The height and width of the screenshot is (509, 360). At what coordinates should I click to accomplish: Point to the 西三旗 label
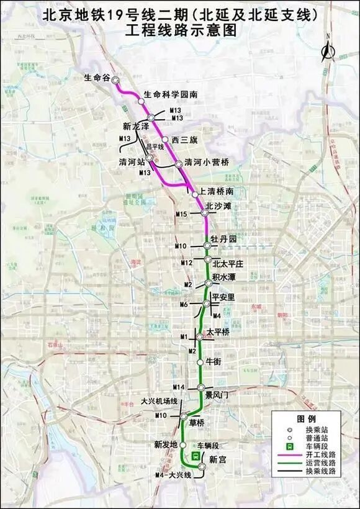[x=184, y=140]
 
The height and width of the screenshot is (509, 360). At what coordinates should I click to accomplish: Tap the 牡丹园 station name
[x=224, y=239]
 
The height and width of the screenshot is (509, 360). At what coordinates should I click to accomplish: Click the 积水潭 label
[x=224, y=276]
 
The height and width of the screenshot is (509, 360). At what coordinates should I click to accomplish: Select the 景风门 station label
[x=218, y=394]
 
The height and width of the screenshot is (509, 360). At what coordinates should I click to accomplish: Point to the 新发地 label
[x=166, y=445]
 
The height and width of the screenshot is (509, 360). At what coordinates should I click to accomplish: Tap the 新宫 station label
[x=218, y=459]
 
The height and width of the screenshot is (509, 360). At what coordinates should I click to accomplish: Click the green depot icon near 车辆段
[x=195, y=456]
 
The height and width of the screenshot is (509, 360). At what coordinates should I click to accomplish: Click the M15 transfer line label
[x=181, y=214]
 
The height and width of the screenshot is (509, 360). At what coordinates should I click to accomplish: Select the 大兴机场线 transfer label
[x=160, y=401]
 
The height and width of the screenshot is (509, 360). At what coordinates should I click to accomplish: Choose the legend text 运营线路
[x=322, y=463]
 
